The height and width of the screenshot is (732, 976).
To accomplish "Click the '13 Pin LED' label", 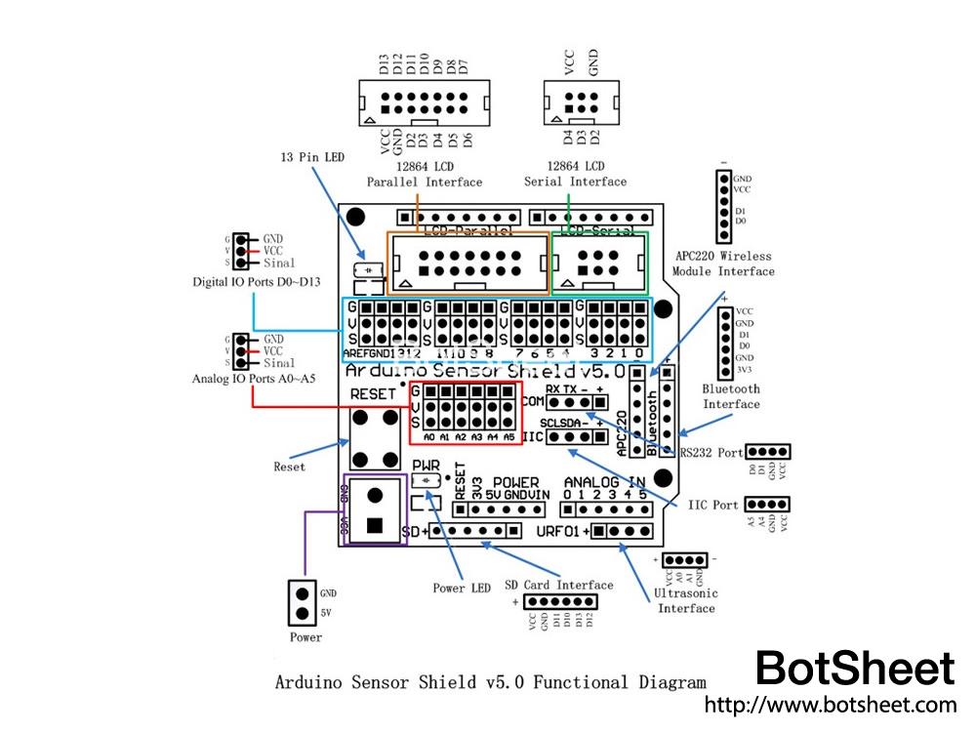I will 313,157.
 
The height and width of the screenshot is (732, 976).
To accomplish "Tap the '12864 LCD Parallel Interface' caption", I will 425,174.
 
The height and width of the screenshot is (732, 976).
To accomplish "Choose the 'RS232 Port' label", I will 716,453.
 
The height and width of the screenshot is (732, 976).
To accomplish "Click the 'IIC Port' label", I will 712,506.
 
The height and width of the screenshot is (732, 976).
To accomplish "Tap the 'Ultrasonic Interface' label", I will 686,600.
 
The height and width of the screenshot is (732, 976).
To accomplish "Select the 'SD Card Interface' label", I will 559,585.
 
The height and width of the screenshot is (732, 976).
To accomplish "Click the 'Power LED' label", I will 462,589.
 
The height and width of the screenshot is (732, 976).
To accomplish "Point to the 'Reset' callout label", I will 289,467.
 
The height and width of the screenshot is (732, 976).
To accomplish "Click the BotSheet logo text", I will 855,670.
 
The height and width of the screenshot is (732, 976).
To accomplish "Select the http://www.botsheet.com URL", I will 830,705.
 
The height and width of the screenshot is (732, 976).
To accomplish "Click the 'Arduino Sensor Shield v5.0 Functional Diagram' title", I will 490,683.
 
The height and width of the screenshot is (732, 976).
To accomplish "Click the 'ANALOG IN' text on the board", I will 605,482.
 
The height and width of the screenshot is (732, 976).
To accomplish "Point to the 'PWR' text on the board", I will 427,466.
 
